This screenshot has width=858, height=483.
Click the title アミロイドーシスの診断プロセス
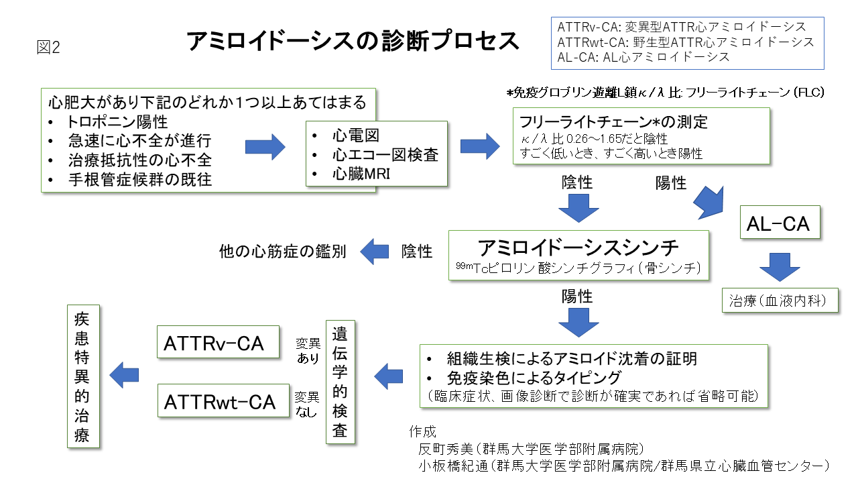click(353, 41)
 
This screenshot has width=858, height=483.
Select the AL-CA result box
click(778, 224)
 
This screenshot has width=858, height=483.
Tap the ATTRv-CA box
click(213, 343)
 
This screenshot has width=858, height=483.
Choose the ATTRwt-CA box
click(220, 401)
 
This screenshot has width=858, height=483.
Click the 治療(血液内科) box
click(780, 301)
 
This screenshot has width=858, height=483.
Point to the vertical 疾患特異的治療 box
click(82, 376)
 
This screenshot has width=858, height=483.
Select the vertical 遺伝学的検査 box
click(340, 381)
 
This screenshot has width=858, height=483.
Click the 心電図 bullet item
click(355, 136)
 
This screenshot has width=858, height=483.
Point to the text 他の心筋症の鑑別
click(283, 252)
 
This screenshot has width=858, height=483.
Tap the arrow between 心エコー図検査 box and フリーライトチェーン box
click(480, 146)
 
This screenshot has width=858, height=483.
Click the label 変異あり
click(308, 351)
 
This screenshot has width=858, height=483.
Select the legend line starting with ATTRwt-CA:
click(686, 42)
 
